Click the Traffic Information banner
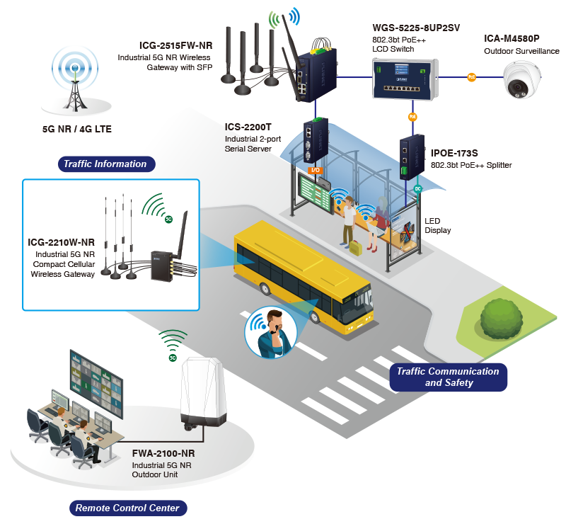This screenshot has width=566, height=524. point(105,164)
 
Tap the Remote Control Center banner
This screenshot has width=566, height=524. point(127,508)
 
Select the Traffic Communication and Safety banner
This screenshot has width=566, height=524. point(448,377)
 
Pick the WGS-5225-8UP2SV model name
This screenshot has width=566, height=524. point(416,28)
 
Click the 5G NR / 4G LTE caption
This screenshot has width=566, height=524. point(76,129)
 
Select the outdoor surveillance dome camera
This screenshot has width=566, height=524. point(523,80)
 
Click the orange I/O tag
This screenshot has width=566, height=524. point(316,170)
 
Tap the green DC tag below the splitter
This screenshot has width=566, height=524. point(417,188)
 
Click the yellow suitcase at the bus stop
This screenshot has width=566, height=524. point(354,246)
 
